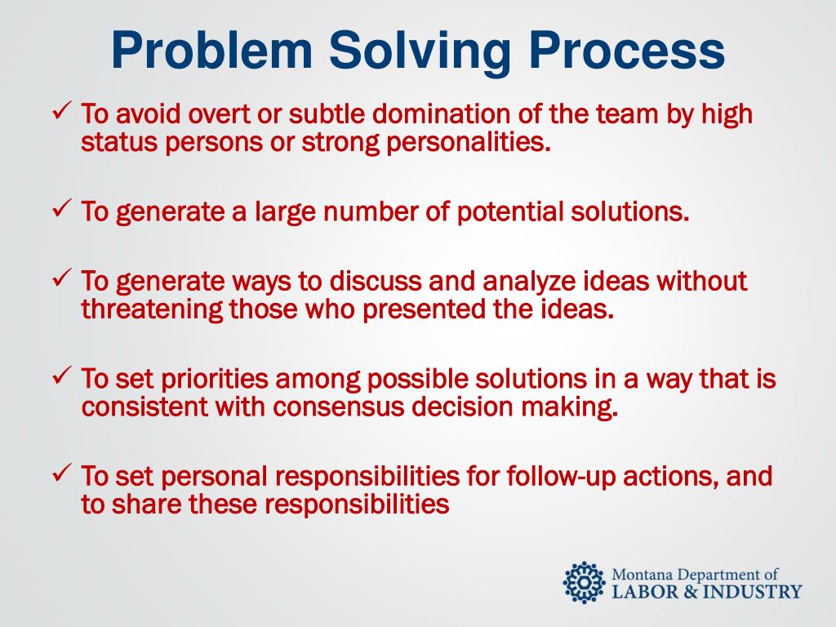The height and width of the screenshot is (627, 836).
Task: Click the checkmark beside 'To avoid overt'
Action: click(x=62, y=112)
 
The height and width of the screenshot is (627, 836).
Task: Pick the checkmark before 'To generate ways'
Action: click(x=62, y=278)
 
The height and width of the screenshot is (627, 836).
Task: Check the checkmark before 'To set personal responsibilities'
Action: click(x=62, y=474)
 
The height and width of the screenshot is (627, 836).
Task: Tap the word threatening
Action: click(x=152, y=310)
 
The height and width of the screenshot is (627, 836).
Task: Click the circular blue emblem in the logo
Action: click(x=584, y=583)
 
